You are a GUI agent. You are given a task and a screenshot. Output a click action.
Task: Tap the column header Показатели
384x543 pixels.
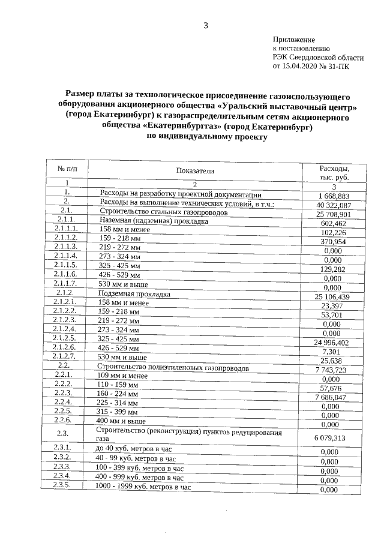coord(194,171)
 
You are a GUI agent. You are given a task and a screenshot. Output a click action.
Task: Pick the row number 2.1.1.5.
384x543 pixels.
coord(66,265)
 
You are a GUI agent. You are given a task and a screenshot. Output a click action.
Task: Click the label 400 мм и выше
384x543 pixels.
coord(121,421)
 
